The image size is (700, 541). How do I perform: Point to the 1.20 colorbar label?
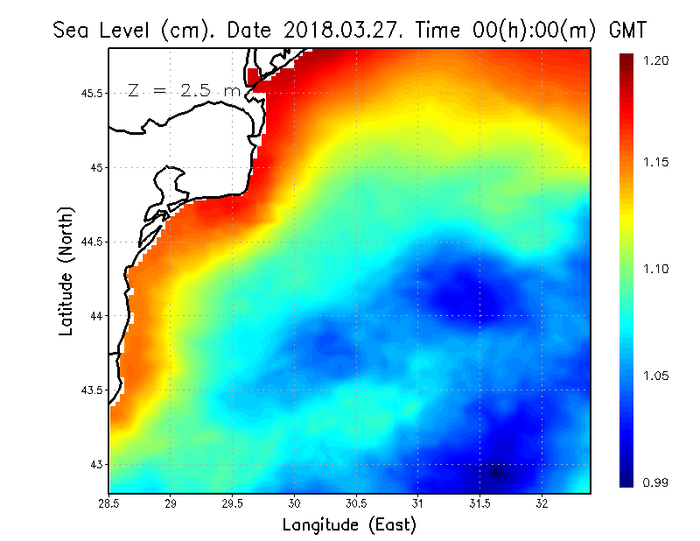click(x=657, y=60)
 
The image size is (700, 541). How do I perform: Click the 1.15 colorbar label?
click(x=657, y=163)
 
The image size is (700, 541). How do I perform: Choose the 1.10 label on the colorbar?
click(x=657, y=269)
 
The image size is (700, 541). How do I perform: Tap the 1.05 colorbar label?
click(x=657, y=376)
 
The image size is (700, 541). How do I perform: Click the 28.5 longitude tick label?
click(x=109, y=503)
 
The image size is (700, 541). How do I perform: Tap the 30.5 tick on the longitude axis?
click(x=356, y=503)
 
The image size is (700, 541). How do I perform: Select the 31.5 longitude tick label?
click(x=479, y=503)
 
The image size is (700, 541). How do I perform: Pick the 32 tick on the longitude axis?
click(x=542, y=503)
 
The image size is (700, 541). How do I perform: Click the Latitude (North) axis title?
click(x=66, y=270)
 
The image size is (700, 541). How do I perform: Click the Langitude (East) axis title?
click(x=349, y=525)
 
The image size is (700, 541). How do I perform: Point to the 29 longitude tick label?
click(x=171, y=503)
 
